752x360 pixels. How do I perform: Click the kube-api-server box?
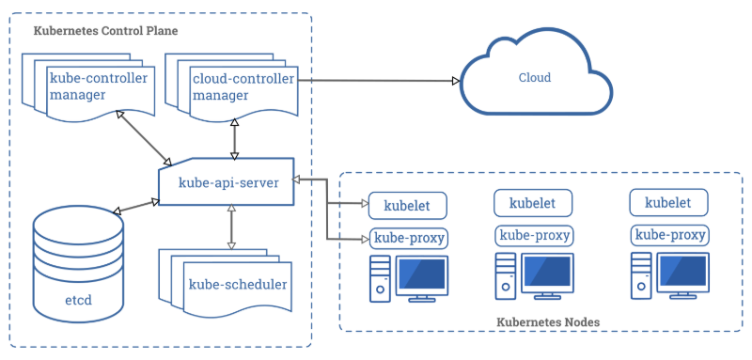[x=227, y=182]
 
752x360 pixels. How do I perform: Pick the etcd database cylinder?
[x=78, y=262]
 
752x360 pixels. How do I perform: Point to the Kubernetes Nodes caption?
[x=547, y=322]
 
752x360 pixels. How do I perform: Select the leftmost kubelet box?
[x=407, y=204]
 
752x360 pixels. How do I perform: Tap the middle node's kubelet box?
[x=531, y=202]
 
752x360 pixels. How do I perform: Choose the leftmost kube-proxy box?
[x=408, y=237]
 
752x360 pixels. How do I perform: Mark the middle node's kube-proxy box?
[x=532, y=235]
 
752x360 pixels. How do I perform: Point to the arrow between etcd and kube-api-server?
[x=135, y=206]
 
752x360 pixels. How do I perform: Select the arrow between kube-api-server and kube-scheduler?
[x=230, y=228]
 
